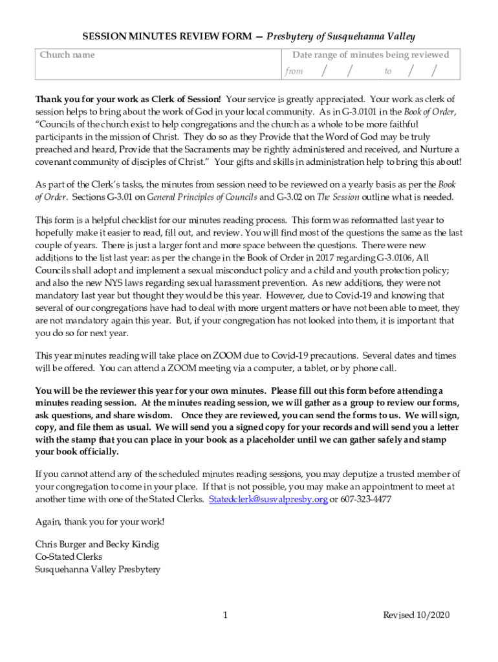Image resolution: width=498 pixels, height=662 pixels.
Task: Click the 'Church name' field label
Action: tap(67, 55)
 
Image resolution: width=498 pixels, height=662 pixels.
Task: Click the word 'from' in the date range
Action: tap(294, 71)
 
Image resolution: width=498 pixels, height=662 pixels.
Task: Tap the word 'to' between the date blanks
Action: tap(388, 71)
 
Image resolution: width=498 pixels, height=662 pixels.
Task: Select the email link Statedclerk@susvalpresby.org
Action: tap(268, 499)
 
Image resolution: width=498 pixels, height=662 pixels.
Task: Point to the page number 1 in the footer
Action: tap(225, 615)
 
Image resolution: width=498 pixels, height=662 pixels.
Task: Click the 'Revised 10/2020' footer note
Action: tap(416, 615)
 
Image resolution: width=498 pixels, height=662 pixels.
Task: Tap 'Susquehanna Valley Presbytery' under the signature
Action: tap(98, 570)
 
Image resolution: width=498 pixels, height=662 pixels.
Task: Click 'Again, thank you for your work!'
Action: tap(100, 522)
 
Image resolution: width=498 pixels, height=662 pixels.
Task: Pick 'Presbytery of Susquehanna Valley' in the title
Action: tap(341, 37)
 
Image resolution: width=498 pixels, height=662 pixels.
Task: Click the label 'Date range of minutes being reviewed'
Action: tap(370, 55)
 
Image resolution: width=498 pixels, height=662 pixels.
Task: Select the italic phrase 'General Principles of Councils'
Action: tap(202, 197)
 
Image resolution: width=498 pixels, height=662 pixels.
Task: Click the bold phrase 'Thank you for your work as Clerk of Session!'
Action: tap(128, 99)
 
